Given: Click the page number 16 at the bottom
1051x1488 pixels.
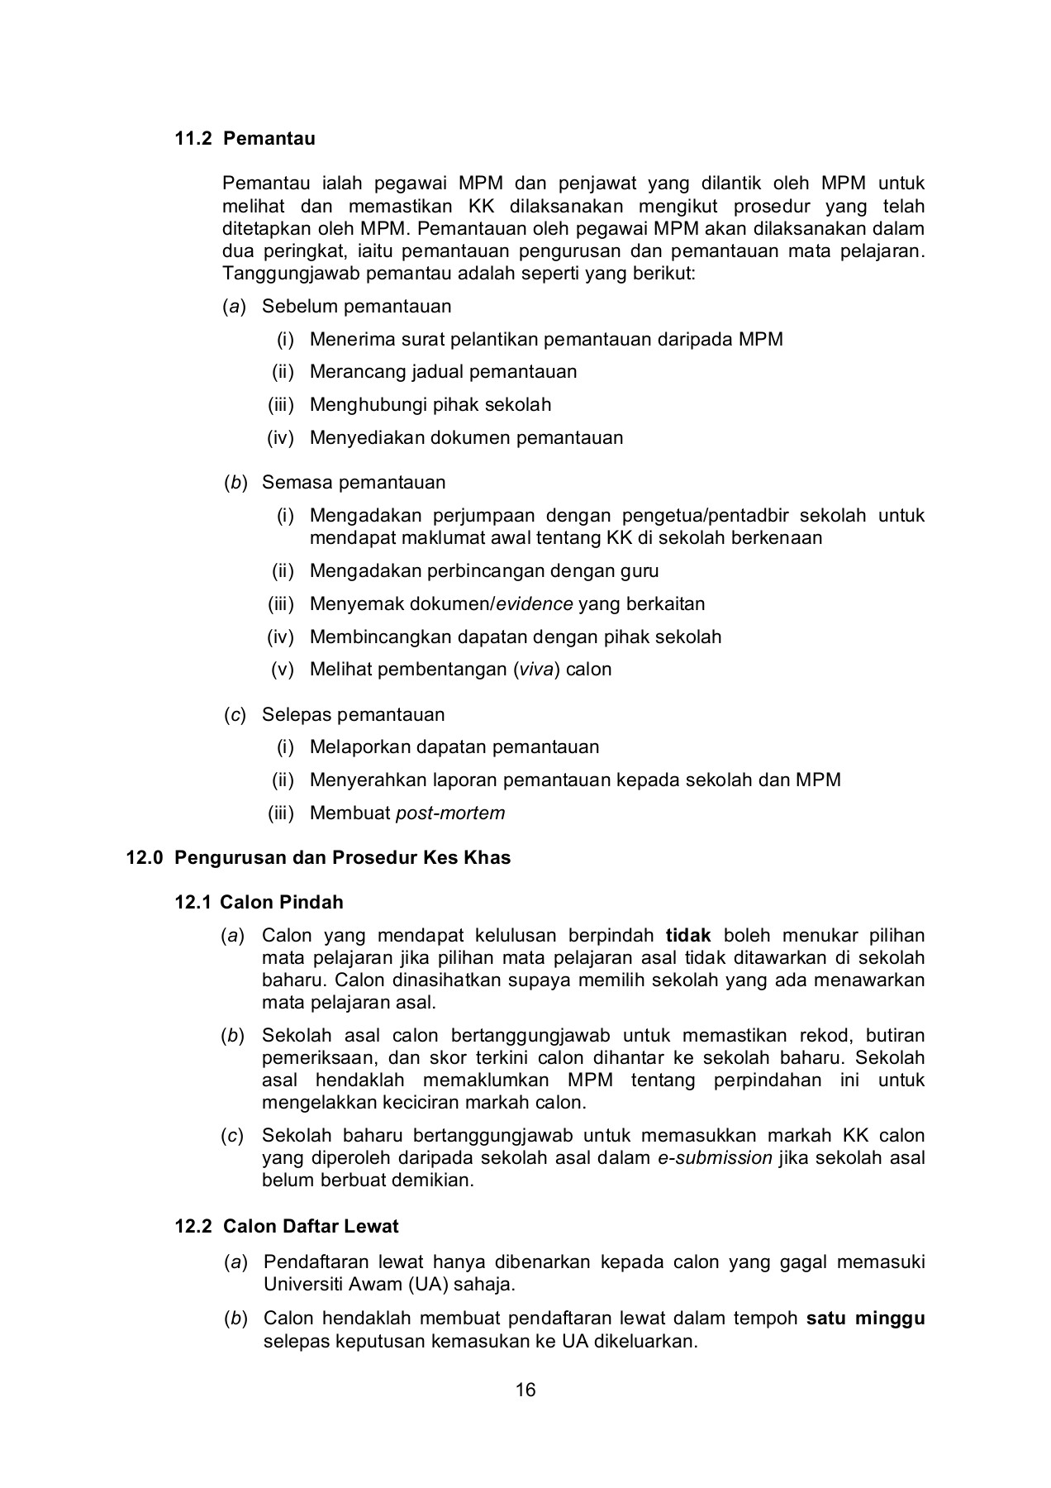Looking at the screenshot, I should tap(525, 1390).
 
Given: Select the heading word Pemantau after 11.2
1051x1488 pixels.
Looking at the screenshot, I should tap(269, 138).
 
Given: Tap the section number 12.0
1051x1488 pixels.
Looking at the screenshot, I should tap(144, 857).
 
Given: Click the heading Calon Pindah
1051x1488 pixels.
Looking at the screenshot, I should tap(282, 902).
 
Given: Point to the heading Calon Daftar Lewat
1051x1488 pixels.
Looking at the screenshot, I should tap(311, 1226).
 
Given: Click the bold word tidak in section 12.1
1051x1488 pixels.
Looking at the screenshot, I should tap(688, 936).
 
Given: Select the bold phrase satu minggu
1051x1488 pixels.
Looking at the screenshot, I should tap(865, 1319).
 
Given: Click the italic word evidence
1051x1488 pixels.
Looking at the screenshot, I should tap(534, 603).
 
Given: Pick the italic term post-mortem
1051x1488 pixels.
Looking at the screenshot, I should tap(450, 813).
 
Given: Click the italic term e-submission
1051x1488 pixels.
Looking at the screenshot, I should tap(715, 1158).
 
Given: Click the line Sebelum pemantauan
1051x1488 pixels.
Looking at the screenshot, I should tap(356, 307).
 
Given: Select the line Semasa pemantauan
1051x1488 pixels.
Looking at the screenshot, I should tap(353, 483).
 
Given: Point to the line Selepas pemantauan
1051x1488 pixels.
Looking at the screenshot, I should tap(353, 715).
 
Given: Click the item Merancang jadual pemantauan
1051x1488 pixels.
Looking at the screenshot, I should tap(443, 372).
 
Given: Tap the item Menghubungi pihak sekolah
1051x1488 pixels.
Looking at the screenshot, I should tap(430, 405).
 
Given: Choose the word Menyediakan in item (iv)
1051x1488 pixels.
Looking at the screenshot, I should tap(367, 438).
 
